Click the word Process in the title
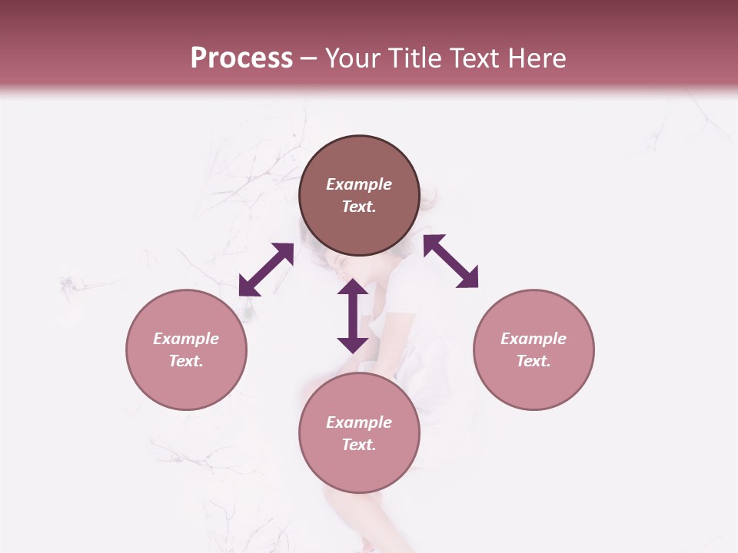point(241,58)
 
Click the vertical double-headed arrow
point(353,316)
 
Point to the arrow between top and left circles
point(266,270)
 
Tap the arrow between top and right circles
point(451,261)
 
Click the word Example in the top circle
point(359,184)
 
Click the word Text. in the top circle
point(359,207)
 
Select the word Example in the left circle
point(186,339)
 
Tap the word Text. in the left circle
point(186,361)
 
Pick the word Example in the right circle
point(534,339)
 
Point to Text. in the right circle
point(534,361)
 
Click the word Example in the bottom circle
point(359,422)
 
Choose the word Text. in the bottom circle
point(359,445)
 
